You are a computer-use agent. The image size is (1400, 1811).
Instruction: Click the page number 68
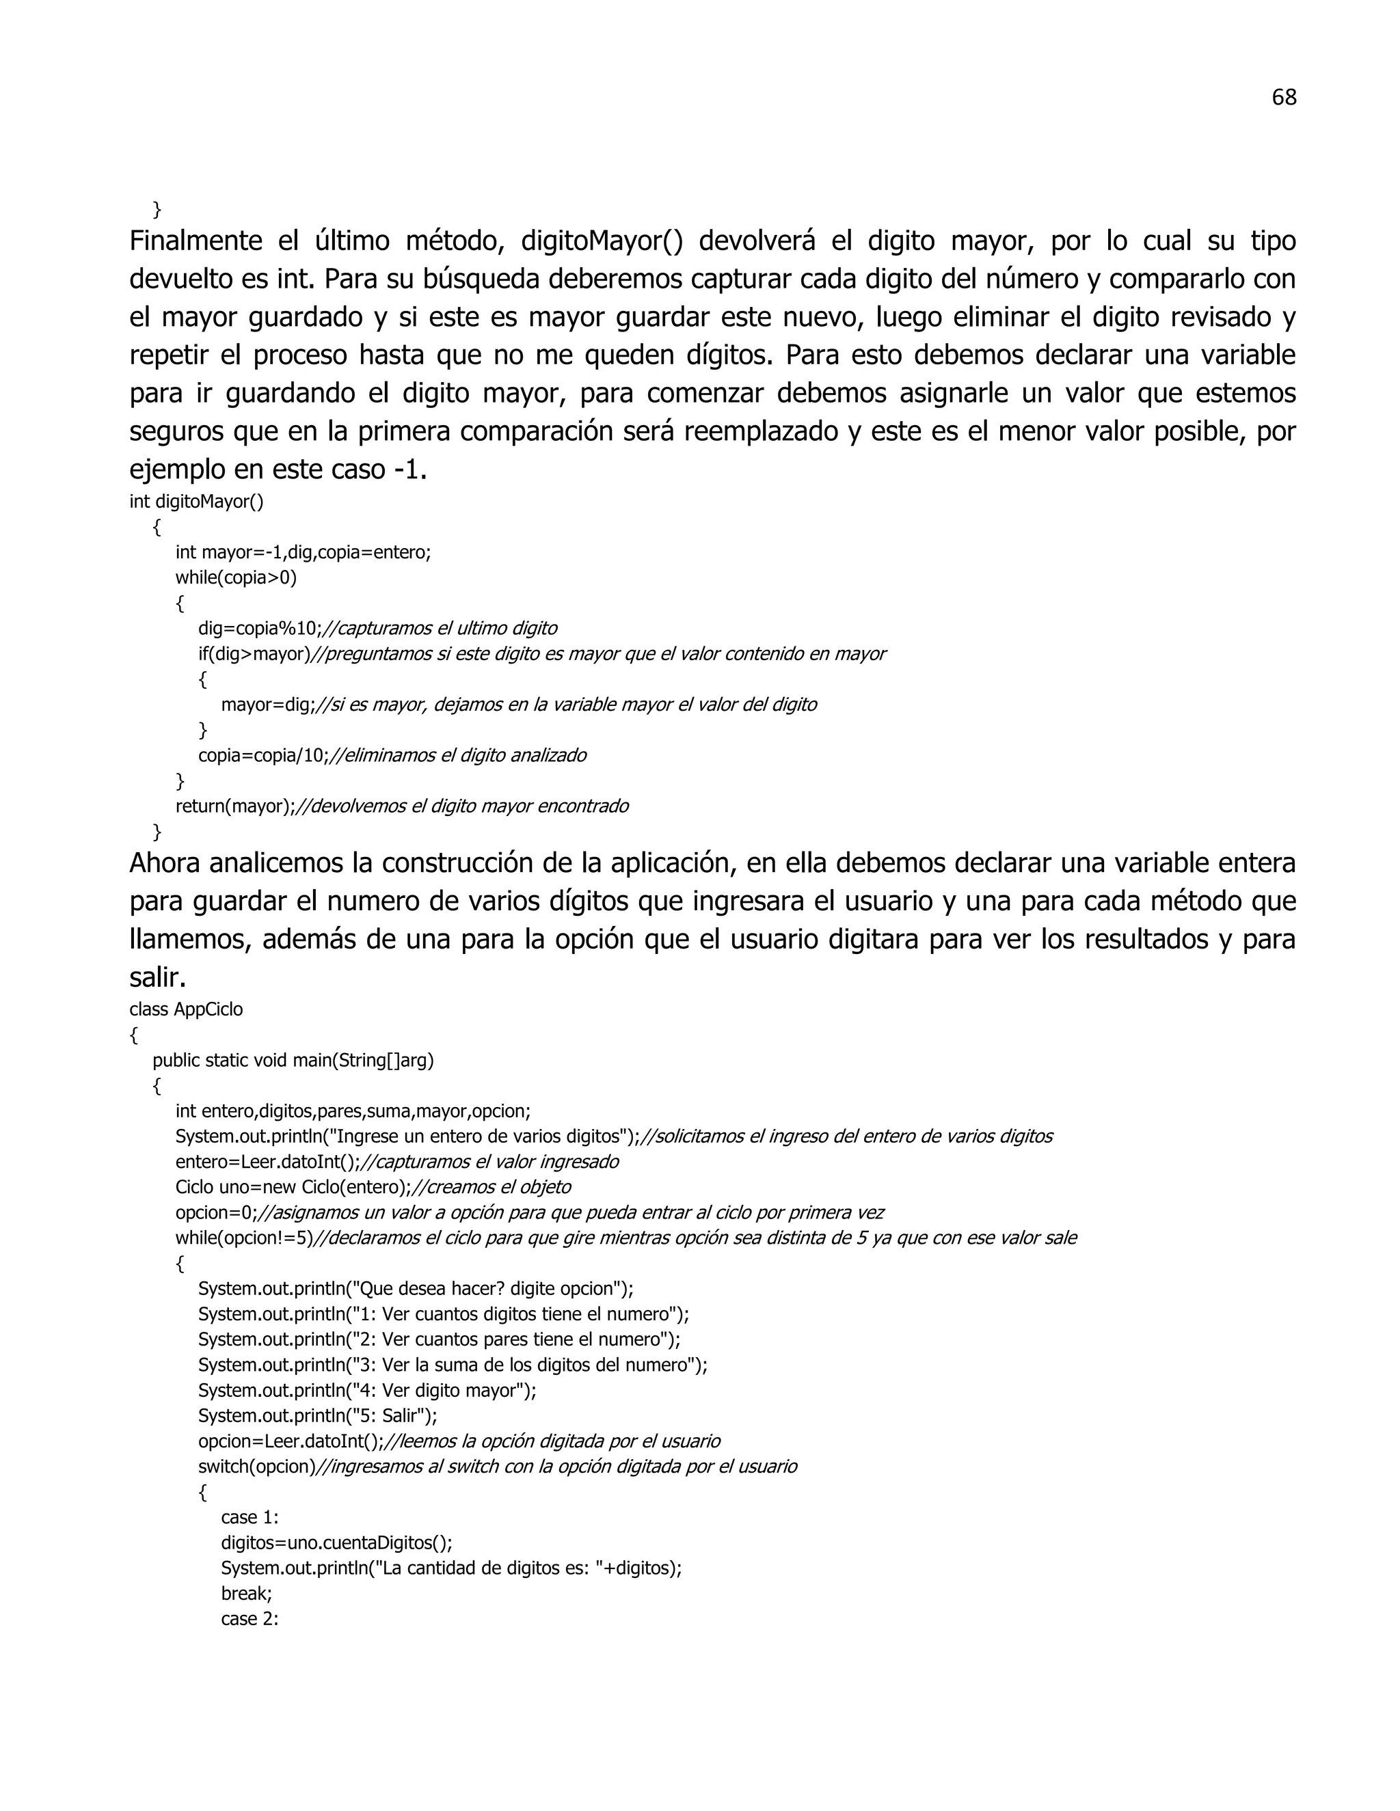coord(1283,98)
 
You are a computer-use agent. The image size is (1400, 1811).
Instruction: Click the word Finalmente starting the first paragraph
coord(196,241)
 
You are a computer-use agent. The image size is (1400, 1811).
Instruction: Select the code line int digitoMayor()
coord(197,502)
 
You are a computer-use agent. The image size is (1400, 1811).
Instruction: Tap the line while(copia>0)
coord(236,578)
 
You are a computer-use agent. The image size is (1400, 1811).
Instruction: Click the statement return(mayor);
coord(234,806)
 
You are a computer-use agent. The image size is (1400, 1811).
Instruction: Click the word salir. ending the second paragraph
coord(158,978)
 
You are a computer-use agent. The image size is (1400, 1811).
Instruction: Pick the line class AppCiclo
coord(186,1009)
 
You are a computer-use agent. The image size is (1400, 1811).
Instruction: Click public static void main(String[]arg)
coord(293,1061)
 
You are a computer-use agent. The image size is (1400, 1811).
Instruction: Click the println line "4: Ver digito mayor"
coord(366,1391)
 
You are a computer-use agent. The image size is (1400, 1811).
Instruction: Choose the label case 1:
coord(250,1517)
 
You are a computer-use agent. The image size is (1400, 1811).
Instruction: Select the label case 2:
coord(250,1618)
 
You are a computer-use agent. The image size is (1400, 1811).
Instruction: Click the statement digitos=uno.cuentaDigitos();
coord(336,1543)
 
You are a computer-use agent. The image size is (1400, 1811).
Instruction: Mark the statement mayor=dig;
coord(269,705)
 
